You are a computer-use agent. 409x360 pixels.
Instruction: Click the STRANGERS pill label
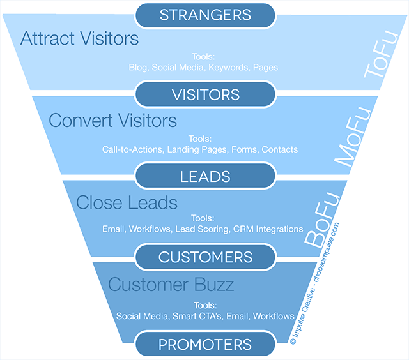tap(205, 14)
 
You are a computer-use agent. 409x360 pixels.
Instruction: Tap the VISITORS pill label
tap(205, 94)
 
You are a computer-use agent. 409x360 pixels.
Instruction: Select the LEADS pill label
tap(205, 175)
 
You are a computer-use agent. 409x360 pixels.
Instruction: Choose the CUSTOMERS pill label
tap(205, 257)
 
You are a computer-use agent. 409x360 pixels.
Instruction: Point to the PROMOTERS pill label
tap(205, 345)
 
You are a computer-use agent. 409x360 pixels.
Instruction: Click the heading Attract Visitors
tap(79, 39)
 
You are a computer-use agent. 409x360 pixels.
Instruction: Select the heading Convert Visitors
tap(112, 120)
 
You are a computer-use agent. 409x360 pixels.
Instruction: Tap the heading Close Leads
tap(127, 202)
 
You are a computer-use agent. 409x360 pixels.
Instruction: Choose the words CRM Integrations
tap(268, 229)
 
